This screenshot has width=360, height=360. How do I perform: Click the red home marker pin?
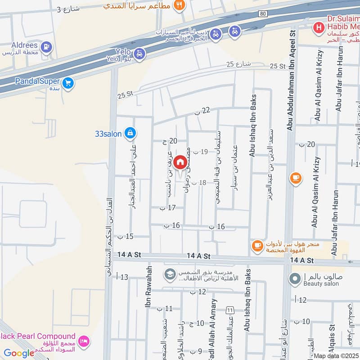[x=180, y=162]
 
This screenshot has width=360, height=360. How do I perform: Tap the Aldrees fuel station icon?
[x=46, y=46]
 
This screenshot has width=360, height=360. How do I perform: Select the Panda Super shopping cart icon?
[x=68, y=83]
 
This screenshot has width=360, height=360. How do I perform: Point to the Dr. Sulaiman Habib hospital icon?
[x=319, y=27]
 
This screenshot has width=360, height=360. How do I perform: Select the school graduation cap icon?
[x=170, y=274]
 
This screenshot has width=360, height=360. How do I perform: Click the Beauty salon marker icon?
[x=295, y=280]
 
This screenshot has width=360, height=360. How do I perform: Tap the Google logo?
[x=19, y=353]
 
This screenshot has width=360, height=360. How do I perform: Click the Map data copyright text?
[x=336, y=355]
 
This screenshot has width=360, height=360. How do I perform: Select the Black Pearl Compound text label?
[x=38, y=336]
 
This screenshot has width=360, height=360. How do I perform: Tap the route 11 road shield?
[x=230, y=310]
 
